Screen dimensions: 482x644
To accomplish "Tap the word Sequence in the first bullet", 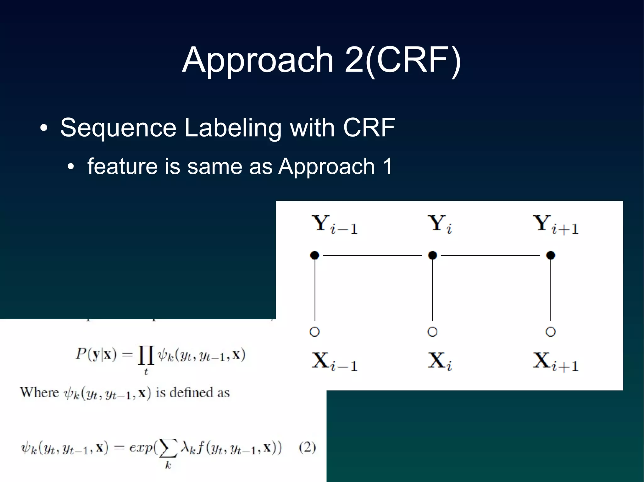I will pos(118,128).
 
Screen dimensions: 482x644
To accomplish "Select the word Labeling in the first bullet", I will pos(233,128).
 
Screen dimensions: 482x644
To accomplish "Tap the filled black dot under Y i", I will pos(432,255).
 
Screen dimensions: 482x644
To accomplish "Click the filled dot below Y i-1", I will pos(314,255).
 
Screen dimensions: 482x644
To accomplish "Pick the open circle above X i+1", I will pos(550,332).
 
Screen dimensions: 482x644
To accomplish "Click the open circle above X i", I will pos(432,332).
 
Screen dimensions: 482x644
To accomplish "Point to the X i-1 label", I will pos(334,362).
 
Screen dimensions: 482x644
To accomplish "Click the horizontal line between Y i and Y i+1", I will pos(491,256).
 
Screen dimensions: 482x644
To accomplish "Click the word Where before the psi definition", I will pos(39,393).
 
